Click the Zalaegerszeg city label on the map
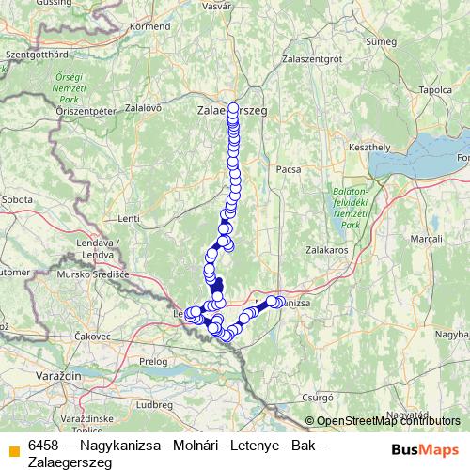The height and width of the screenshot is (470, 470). click(232, 110)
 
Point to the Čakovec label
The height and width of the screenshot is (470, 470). click(91, 336)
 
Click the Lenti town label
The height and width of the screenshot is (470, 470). click(129, 219)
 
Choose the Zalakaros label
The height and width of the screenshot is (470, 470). click(327, 251)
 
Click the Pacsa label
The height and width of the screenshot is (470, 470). click(288, 170)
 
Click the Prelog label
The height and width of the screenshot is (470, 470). click(152, 361)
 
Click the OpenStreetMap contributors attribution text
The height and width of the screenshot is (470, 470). click(389, 420)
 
